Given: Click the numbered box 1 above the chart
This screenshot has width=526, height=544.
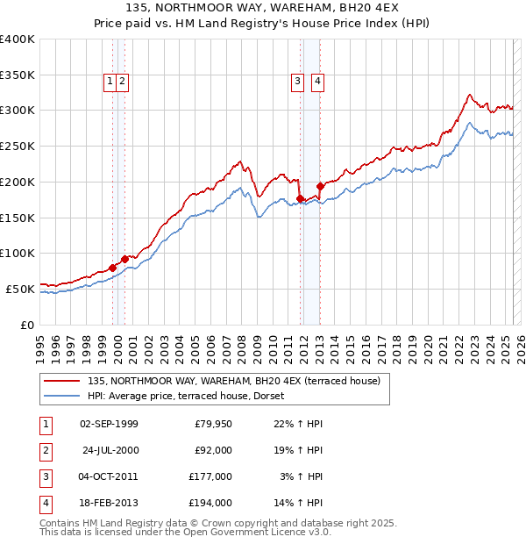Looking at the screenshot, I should pyautogui.click(x=110, y=82).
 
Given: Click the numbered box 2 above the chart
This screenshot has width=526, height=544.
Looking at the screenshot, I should pyautogui.click(x=123, y=82).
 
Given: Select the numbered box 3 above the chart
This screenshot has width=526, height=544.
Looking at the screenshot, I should pyautogui.click(x=298, y=82).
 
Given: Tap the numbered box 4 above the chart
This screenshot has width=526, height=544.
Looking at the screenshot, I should pyautogui.click(x=317, y=82).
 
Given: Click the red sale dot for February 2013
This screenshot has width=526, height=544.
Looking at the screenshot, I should pyautogui.click(x=320, y=186).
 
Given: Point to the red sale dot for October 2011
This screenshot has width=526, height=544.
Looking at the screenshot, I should pyautogui.click(x=300, y=198).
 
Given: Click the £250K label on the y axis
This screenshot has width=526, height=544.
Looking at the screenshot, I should pyautogui.click(x=18, y=146).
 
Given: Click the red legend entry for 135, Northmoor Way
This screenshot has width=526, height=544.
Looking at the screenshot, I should pyautogui.click(x=233, y=381).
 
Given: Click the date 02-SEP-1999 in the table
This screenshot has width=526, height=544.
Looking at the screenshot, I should pyautogui.click(x=109, y=424).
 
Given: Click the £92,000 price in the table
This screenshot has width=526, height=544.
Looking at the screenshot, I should pyautogui.click(x=213, y=450).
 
